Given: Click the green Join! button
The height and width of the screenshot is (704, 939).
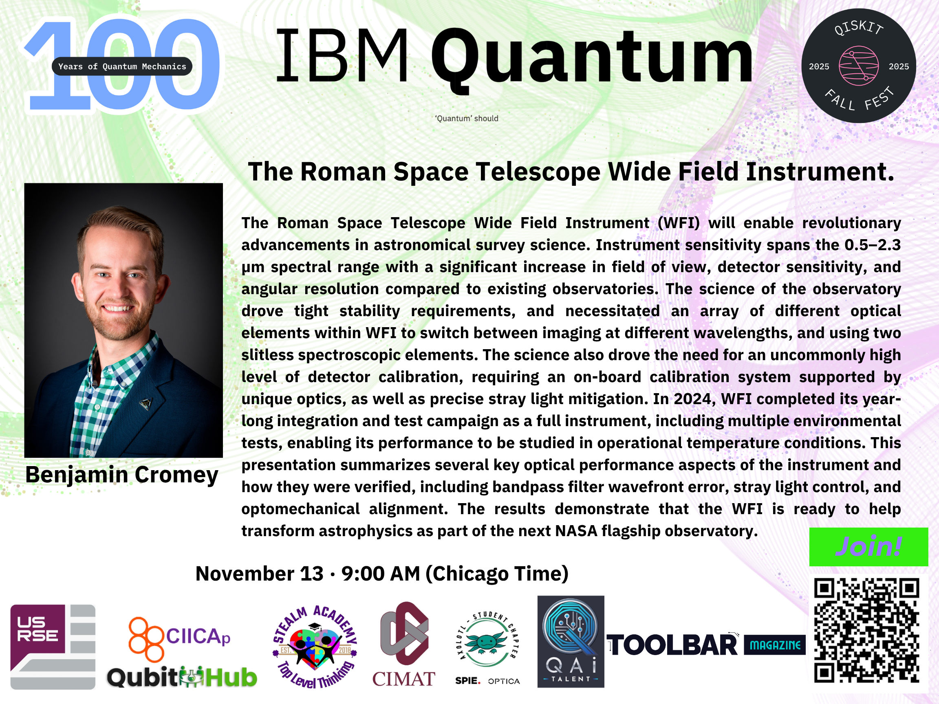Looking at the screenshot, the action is coord(868,547).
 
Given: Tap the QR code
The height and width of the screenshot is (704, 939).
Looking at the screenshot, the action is coord(866,631).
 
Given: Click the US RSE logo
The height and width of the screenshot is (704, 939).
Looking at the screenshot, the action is coord(53,647).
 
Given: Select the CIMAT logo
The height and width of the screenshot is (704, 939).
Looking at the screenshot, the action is coord(404,644).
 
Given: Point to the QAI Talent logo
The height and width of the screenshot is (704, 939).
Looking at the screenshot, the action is coord(571,641).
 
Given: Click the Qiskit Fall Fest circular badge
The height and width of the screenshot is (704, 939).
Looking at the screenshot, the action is coord(858,66).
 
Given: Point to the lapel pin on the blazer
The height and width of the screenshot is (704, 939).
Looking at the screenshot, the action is coord(145,404).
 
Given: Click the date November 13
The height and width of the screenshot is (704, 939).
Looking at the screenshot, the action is coord(259,574).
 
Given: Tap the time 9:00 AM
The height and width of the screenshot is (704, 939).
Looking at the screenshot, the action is coord(381,574).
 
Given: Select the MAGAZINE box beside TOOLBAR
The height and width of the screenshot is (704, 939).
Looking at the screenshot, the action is coord(775,645).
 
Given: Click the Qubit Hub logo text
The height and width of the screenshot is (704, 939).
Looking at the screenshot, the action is coord(182,677).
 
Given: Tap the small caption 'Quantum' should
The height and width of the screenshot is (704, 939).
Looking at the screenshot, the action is coord(467,119).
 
